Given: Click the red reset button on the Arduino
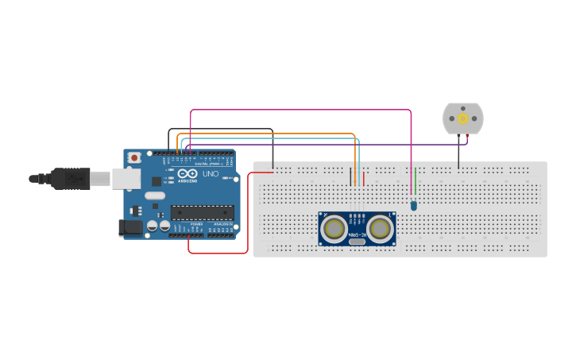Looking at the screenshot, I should [134, 158].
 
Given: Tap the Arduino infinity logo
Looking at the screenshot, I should [188, 174].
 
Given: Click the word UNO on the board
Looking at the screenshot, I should [211, 174].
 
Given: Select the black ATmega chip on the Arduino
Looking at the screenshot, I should [203, 212].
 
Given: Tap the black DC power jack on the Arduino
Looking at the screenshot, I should [130, 228].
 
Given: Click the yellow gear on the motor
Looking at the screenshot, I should [463, 118].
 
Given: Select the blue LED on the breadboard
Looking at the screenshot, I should [414, 206].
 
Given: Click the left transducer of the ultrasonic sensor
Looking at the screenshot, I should [334, 229].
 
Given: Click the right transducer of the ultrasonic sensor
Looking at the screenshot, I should [381, 229].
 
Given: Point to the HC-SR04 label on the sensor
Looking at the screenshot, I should [358, 234].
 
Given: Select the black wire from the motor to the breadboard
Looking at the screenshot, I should [458, 154].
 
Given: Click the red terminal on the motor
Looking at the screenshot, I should [467, 138].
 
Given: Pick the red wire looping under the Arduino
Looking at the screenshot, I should [218, 254].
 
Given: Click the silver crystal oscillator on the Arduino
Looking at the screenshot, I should [155, 195].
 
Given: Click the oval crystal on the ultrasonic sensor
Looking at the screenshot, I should [358, 242].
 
